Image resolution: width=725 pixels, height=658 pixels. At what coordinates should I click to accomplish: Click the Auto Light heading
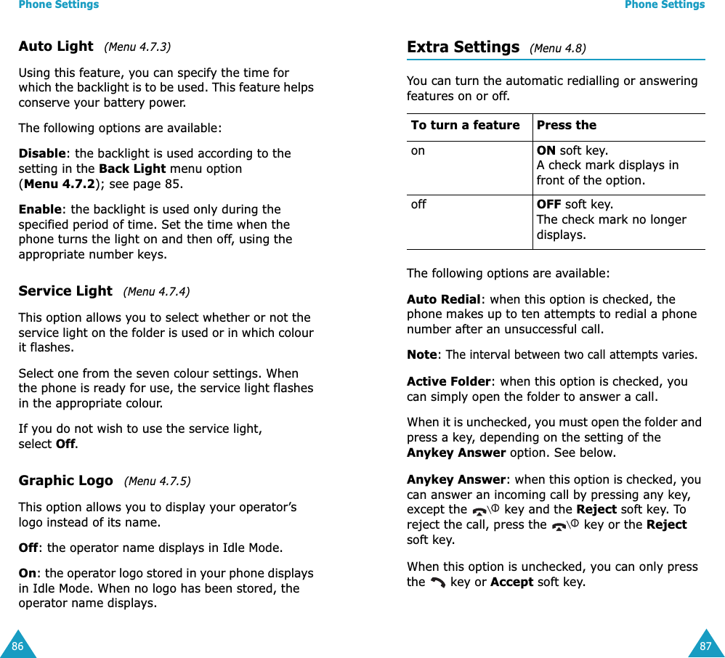[56, 46]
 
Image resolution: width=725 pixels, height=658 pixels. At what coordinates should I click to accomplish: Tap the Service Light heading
[65, 291]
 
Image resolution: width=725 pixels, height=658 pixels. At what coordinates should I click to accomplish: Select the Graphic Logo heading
[65, 481]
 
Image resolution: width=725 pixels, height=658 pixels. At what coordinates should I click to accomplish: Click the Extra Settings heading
[463, 47]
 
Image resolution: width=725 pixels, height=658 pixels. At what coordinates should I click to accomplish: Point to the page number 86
[17, 646]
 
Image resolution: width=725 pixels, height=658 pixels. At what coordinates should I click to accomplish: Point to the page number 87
[705, 646]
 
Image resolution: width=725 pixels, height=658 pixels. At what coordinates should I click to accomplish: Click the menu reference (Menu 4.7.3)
[137, 47]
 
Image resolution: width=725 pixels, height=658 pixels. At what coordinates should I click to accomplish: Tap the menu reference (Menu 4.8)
[557, 49]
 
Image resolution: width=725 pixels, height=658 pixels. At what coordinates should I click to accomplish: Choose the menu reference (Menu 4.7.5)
[157, 481]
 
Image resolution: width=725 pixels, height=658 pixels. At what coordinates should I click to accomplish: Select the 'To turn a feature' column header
[465, 126]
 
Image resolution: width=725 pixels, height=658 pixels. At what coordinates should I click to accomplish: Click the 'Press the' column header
[566, 126]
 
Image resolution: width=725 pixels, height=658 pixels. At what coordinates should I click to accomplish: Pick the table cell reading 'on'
[418, 151]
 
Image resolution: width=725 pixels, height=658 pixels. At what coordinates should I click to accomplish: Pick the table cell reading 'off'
[418, 205]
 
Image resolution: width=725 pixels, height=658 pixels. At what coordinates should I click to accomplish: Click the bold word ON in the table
[546, 151]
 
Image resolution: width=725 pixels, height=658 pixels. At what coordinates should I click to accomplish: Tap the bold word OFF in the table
[549, 205]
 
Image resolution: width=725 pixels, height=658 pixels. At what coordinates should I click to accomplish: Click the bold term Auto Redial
[443, 299]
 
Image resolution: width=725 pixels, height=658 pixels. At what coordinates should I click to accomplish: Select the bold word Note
[422, 355]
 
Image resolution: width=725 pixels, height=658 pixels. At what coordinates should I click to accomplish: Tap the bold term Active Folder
[449, 382]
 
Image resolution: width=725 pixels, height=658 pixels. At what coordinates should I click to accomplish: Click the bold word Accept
[511, 582]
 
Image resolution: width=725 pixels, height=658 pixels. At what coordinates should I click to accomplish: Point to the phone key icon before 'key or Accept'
[437, 582]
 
